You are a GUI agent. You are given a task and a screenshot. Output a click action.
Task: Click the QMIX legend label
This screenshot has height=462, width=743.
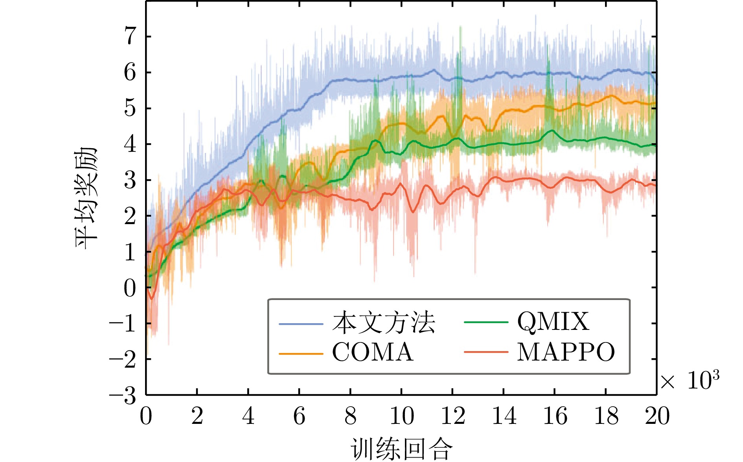point(553,322)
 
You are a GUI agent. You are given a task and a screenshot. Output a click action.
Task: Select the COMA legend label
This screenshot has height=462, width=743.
point(373,352)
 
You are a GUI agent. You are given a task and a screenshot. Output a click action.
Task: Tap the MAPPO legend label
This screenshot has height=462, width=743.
point(566,352)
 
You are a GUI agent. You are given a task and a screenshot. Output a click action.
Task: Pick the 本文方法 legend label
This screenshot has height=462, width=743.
point(384,323)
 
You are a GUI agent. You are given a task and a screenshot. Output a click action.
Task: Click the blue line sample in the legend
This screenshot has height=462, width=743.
point(301,324)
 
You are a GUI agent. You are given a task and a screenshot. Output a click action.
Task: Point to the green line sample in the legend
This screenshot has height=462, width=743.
point(486,322)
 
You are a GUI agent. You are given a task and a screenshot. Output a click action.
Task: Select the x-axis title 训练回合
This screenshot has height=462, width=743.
point(401,449)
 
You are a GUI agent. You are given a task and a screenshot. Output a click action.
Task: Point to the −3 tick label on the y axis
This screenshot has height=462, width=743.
point(123,396)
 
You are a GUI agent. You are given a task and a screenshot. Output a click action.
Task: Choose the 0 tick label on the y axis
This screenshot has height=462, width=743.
point(130,288)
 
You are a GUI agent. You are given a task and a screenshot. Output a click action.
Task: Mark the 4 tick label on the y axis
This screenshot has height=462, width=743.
point(130,144)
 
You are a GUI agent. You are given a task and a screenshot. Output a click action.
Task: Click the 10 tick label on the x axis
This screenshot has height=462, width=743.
point(401,416)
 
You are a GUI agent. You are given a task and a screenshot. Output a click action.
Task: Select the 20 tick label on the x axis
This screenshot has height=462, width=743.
point(657,416)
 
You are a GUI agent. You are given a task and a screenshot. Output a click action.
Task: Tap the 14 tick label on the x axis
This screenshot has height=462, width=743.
point(504,416)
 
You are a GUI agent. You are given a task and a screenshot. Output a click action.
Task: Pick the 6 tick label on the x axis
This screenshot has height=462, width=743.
point(299,416)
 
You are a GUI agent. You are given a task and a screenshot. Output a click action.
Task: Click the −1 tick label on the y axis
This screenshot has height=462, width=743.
point(123,324)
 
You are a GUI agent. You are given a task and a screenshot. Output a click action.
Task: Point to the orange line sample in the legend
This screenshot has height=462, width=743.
point(301,354)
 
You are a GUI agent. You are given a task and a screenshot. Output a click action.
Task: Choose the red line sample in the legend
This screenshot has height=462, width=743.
point(486,352)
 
